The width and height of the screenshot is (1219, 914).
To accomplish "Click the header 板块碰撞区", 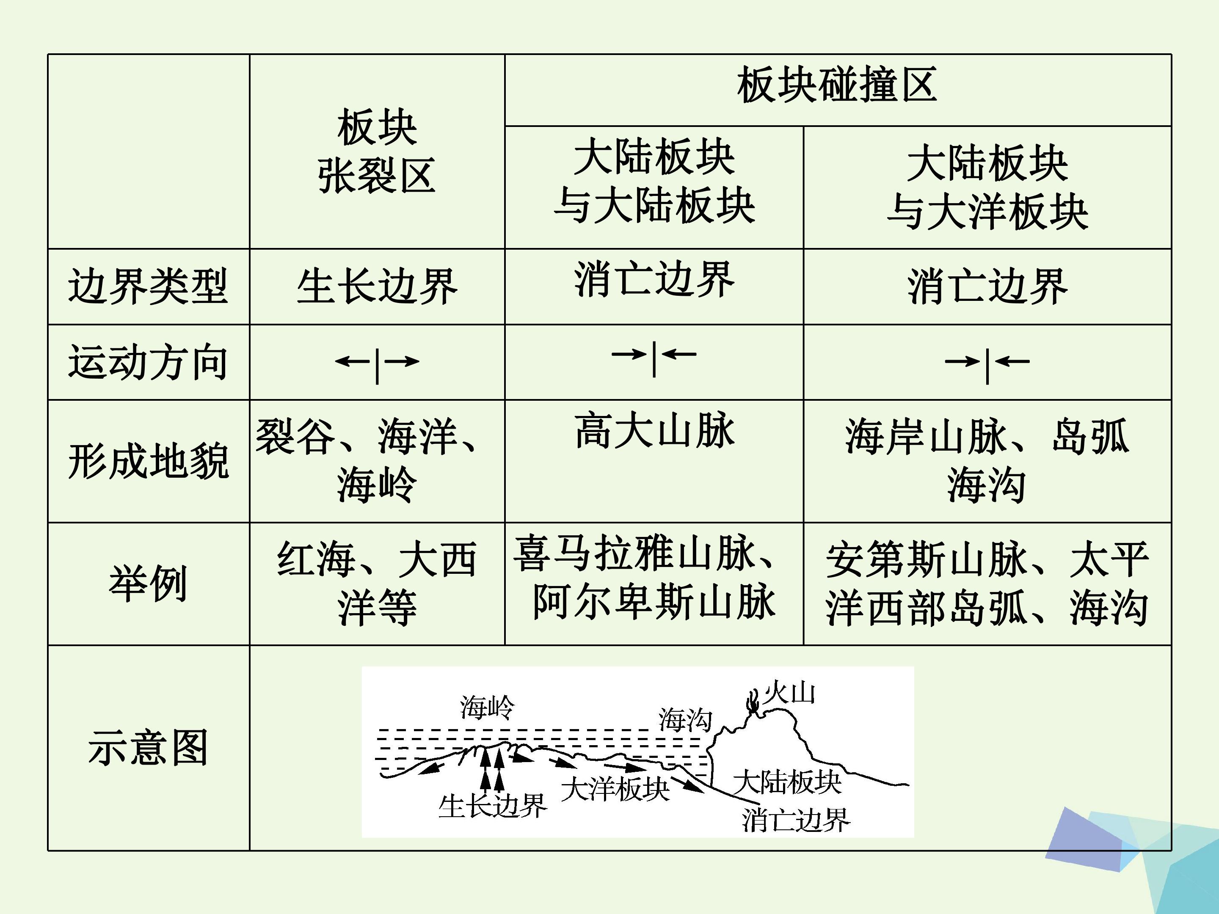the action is coord(837,85).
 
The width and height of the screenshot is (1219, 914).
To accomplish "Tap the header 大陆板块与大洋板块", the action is coord(987,187).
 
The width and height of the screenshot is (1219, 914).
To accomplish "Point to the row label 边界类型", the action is coord(148,286).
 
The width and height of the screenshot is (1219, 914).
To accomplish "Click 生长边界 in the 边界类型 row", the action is coord(377,286).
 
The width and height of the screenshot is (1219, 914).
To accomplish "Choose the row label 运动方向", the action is coord(148,362).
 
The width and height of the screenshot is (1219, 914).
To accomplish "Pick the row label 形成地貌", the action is coord(148,461).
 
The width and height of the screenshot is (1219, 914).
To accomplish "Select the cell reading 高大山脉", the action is coord(654,431).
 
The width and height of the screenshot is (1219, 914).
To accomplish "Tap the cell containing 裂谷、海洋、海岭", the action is coord(367,460).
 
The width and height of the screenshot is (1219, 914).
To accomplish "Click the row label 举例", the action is coord(148,584).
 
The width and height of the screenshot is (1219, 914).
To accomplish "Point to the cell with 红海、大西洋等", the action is coord(377,584).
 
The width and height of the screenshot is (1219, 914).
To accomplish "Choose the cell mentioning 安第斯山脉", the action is coord(987,584).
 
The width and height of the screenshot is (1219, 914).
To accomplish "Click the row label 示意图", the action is coord(148,748).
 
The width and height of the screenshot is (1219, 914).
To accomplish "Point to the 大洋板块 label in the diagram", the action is coord(615,789).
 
